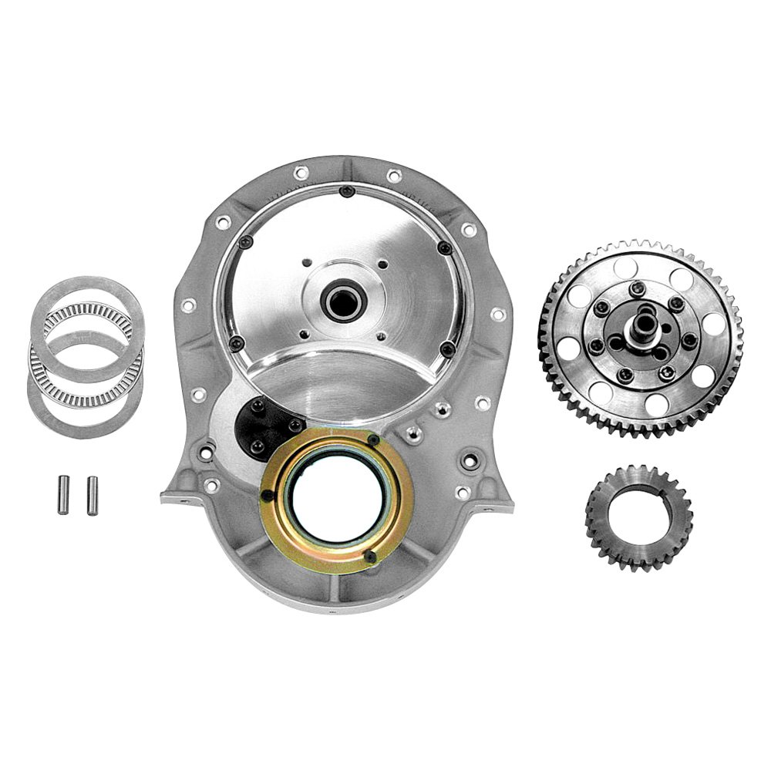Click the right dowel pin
(x=93, y=496)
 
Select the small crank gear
(x=638, y=517)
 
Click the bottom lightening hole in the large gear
(x=656, y=403)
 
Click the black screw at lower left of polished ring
(x=237, y=342)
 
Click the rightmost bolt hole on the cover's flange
(x=497, y=315)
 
